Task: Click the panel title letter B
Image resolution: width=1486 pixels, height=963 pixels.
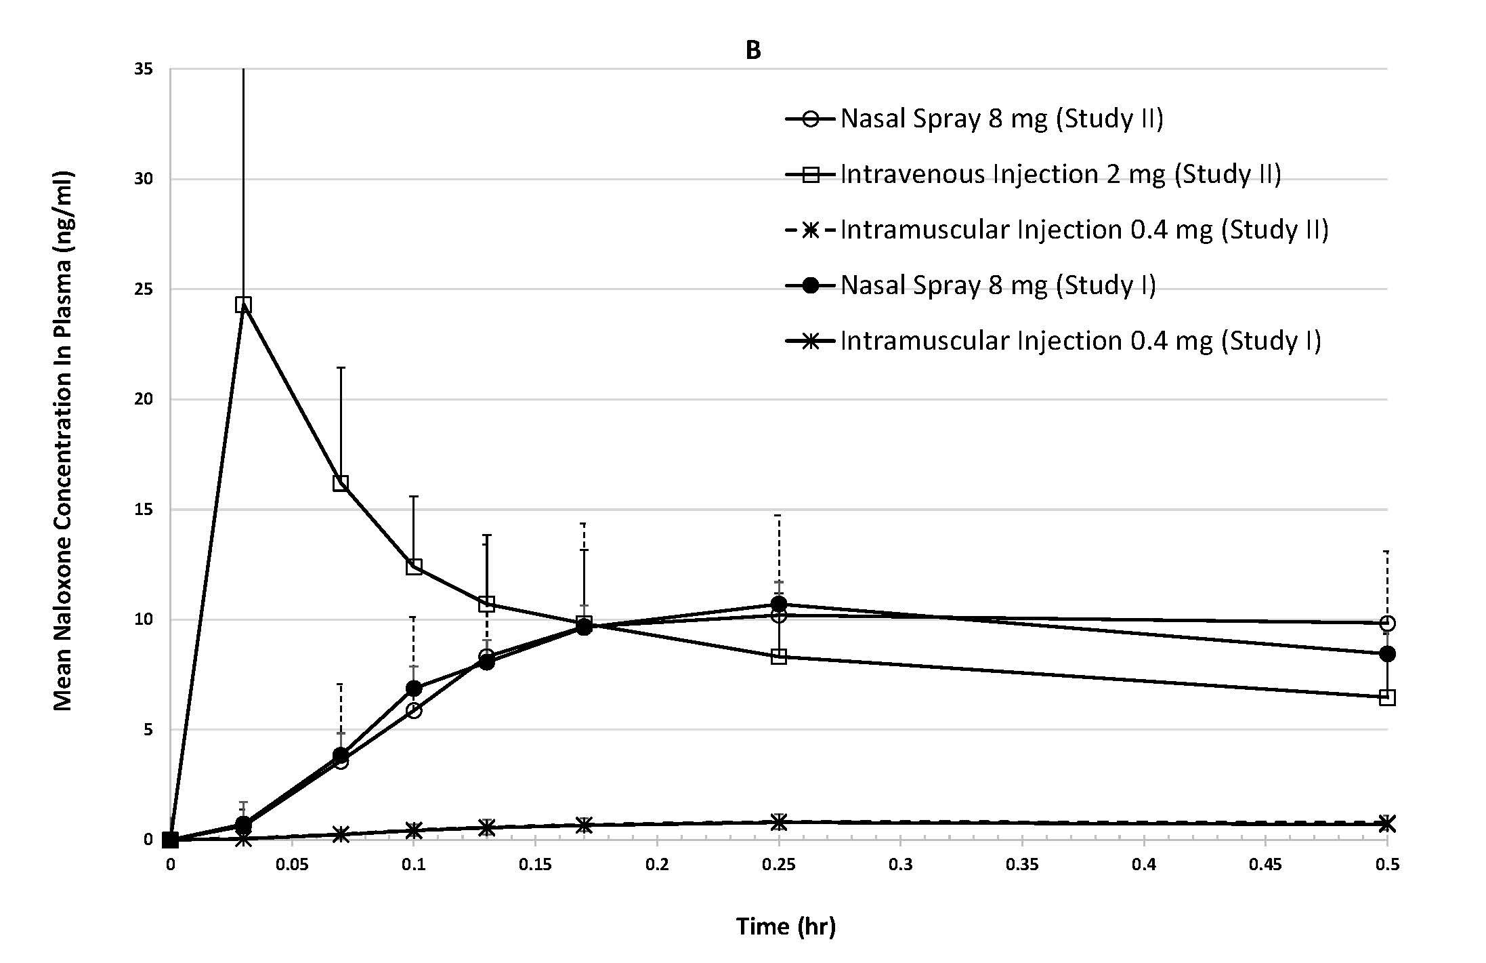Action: pyautogui.click(x=752, y=51)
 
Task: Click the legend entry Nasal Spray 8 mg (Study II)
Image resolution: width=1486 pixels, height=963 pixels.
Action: pyautogui.click(x=1001, y=119)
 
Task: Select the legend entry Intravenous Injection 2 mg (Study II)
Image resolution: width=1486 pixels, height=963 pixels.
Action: pyautogui.click(x=1060, y=174)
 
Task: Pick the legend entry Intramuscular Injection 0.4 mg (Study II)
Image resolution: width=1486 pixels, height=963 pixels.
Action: pyautogui.click(x=1084, y=230)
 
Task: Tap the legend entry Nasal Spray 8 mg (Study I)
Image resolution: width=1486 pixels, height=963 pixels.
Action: pyautogui.click(x=998, y=285)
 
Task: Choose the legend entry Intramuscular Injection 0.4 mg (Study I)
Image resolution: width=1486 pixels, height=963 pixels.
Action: pyautogui.click(x=1080, y=340)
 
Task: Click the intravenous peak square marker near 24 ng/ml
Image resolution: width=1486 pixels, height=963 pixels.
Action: pyautogui.click(x=243, y=304)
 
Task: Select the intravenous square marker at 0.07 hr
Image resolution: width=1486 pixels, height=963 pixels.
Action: pyautogui.click(x=341, y=483)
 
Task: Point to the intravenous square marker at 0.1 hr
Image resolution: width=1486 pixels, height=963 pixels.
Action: pyautogui.click(x=414, y=567)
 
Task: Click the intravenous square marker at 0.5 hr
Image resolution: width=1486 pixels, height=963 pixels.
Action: pyautogui.click(x=1386, y=697)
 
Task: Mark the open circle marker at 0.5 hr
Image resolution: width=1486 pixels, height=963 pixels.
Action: pyautogui.click(x=1386, y=623)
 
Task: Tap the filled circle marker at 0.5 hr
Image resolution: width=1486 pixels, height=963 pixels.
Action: pyautogui.click(x=1386, y=654)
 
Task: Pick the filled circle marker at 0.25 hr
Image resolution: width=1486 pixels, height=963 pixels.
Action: pyautogui.click(x=779, y=603)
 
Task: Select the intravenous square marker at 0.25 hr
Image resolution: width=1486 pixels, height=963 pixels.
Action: pyautogui.click(x=779, y=656)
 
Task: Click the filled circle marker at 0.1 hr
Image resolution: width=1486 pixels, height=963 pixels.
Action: pyautogui.click(x=414, y=689)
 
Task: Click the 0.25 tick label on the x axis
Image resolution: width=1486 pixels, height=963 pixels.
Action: pyautogui.click(x=779, y=864)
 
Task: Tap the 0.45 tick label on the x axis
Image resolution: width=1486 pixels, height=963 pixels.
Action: pyautogui.click(x=1265, y=864)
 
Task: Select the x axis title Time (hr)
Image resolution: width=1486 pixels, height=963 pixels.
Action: pyautogui.click(x=786, y=926)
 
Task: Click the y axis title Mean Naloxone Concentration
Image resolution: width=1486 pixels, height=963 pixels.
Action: pyautogui.click(x=63, y=440)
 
